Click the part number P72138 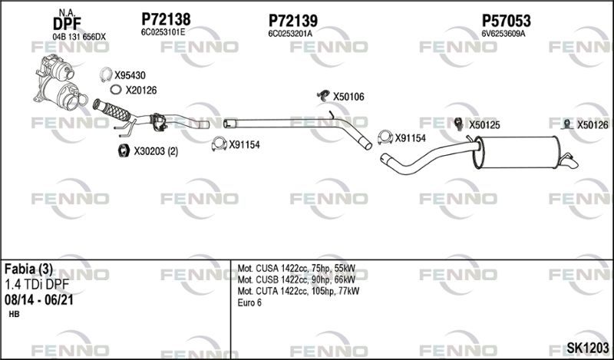[x=166, y=19]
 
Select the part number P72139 [x=293, y=21]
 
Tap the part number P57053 [x=506, y=21]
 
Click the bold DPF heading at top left [x=67, y=25]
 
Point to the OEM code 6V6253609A [x=503, y=34]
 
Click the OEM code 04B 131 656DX [x=79, y=37]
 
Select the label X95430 [x=130, y=75]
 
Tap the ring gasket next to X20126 [x=116, y=90]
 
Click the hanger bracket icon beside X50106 [x=323, y=95]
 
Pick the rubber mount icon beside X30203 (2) [x=124, y=150]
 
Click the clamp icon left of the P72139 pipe [x=220, y=144]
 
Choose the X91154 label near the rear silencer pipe [x=410, y=138]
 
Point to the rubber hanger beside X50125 [x=459, y=124]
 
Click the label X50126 [x=593, y=125]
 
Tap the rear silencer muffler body [x=516, y=152]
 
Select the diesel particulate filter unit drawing [x=60, y=83]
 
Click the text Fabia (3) [x=28, y=269]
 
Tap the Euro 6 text [x=249, y=302]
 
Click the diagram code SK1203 [x=588, y=348]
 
